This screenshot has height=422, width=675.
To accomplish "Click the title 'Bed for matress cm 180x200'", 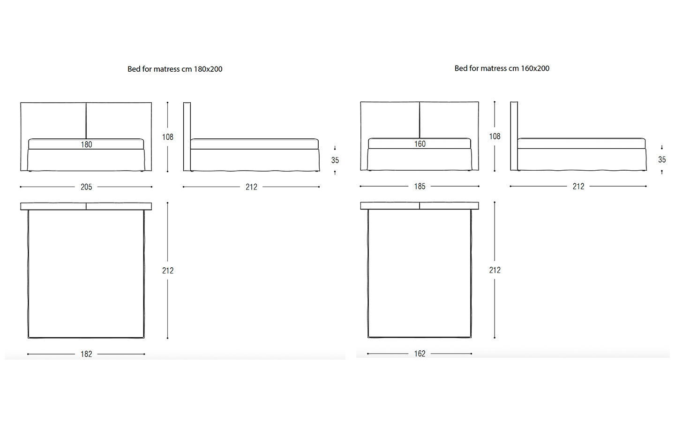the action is (175, 69).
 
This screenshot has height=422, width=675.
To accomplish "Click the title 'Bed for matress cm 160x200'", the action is (502, 68).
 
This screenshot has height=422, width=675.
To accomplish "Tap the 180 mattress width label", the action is (86, 145).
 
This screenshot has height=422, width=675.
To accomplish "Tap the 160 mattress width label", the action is (420, 144).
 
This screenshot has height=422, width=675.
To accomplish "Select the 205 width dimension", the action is (86, 187).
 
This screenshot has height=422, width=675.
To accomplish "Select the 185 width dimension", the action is (420, 187).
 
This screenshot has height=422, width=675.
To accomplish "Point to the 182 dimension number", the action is (86, 354).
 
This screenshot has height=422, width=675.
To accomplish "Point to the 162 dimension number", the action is (420, 354).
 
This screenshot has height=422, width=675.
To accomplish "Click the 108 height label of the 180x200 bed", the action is (167, 137).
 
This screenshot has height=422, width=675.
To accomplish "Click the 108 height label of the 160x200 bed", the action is (495, 136).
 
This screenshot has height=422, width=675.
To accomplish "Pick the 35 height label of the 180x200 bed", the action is (335, 160).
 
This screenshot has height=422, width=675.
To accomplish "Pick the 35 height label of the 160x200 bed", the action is (662, 160).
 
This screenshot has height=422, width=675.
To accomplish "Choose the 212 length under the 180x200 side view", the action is (251, 187).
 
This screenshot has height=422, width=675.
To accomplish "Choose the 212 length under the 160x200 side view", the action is (578, 187).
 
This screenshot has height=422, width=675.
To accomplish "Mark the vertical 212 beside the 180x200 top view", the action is (167, 271).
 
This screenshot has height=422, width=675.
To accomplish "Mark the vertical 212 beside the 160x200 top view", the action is (495, 270).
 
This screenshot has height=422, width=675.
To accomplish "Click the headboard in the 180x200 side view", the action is (187, 137).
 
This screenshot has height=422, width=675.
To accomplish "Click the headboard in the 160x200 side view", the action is (514, 136).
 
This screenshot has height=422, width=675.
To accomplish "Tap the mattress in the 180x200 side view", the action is (255, 144).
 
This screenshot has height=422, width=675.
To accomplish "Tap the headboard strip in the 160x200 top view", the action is (420, 206).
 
